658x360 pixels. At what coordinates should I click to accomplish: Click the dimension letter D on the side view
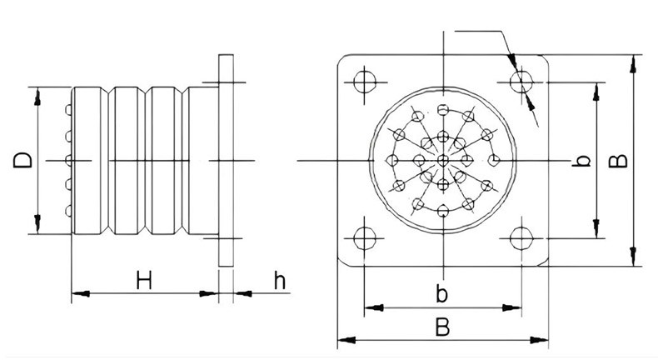click(x=22, y=161)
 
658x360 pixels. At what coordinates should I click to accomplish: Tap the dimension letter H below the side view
click(x=144, y=280)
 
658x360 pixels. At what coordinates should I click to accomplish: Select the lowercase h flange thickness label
click(x=280, y=280)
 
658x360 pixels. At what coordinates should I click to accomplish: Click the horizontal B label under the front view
click(x=442, y=327)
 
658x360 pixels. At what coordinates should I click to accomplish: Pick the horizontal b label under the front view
click(x=441, y=293)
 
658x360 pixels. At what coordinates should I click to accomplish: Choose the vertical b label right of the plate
click(x=581, y=161)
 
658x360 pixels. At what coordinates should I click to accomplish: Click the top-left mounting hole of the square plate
click(x=365, y=82)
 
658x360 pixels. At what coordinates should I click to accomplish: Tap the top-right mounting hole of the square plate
click(x=521, y=82)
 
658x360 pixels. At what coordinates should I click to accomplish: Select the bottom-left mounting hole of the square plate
click(x=365, y=238)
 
